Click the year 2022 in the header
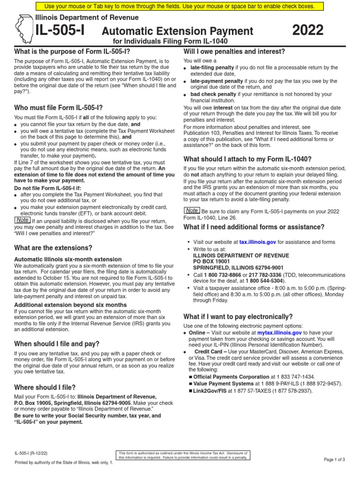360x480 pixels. pyautogui.click(x=308, y=30)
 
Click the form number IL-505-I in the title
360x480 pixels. pyautogui.click(x=60, y=30)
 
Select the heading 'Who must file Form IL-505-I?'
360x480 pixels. pyautogui.click(x=59, y=107)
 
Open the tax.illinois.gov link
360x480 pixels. pyautogui.click(x=257, y=242)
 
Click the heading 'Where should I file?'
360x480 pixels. pyautogui.click(x=45, y=387)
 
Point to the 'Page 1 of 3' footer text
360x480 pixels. pyautogui.click(x=334, y=459)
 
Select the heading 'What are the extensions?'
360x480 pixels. pyautogui.click(x=53, y=247)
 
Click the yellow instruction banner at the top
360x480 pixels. pyautogui.click(x=180, y=7)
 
